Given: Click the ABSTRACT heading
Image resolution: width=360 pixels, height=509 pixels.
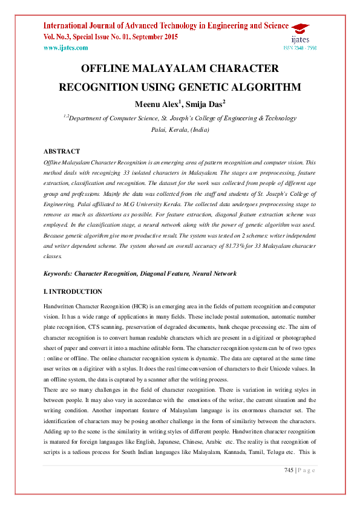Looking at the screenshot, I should pos(62,151).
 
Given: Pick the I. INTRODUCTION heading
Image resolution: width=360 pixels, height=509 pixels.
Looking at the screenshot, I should pos(73,291).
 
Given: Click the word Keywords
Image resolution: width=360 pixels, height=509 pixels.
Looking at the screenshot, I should pos(60,274).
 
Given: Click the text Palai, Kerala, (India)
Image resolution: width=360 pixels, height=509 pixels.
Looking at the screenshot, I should pos(180,129).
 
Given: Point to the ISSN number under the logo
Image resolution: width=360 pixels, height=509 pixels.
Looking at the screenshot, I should pos(300,47).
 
